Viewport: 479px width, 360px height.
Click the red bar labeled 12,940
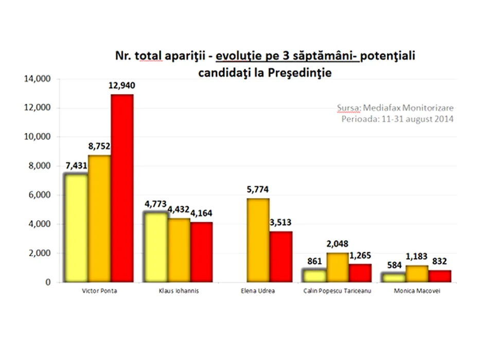coord(122,188)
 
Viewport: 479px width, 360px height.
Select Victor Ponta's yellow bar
coord(76,228)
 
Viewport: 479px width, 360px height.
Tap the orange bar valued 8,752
coord(99,219)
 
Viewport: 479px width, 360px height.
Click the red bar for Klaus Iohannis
coord(201,252)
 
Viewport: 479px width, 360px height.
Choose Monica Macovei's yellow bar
coord(393,278)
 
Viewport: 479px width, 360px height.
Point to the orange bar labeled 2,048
coord(338,267)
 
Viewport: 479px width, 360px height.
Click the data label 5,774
coord(258,190)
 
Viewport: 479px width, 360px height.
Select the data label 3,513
coord(280,223)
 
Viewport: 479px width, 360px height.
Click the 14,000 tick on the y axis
coord(36,79)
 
